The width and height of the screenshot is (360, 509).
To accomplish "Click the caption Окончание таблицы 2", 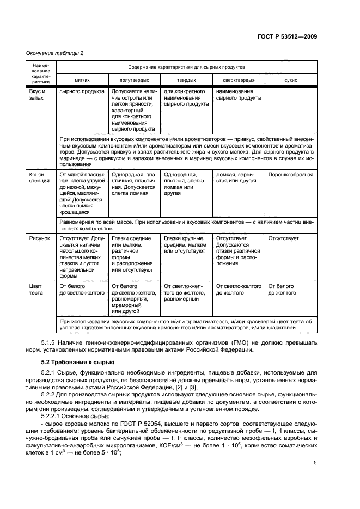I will (x=54, y=53).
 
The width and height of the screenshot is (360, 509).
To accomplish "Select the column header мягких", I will (x=82, y=79).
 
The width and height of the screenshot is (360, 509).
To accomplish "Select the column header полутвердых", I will (x=135, y=79).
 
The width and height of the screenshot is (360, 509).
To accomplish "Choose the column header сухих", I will (x=290, y=79).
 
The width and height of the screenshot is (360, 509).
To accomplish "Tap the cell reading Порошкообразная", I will (x=290, y=175).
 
